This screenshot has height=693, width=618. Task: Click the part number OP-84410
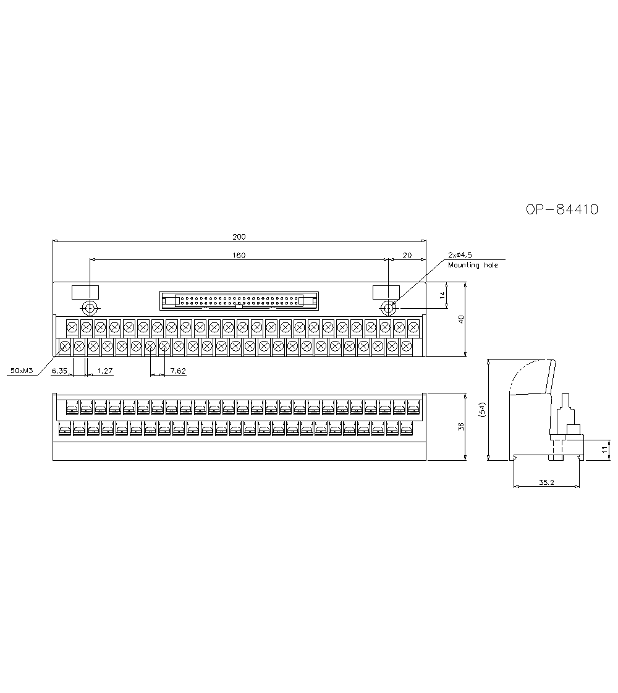pos(562,209)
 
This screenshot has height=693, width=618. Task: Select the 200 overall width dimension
pos(239,237)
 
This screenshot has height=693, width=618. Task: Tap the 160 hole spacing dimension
pos(239,256)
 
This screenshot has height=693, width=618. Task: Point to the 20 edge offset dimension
pos(407,256)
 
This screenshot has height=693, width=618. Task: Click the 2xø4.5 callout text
pos(460,255)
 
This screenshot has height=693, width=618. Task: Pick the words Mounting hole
pos(473,265)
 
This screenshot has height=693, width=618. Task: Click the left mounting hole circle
pos(90,308)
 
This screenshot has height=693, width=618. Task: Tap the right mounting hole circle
pos(388,308)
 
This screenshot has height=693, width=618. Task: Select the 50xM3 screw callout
pos(22,371)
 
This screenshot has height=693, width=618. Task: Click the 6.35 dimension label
pos(59,371)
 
